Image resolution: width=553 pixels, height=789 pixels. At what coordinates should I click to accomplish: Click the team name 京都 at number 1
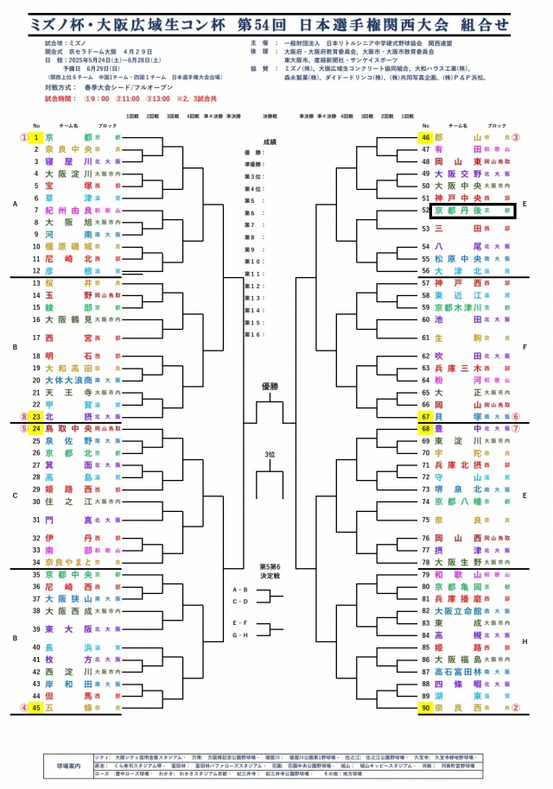[68, 136]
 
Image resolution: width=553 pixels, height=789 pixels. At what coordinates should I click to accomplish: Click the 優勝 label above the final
[271, 387]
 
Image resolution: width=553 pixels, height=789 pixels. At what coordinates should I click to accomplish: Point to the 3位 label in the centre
[271, 454]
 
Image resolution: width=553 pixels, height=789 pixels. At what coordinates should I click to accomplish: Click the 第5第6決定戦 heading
[271, 571]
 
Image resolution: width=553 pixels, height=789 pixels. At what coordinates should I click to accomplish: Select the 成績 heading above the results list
[271, 142]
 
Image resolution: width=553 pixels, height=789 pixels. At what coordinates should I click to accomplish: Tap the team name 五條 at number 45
[68, 708]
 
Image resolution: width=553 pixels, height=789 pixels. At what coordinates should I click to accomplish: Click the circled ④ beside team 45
[24, 708]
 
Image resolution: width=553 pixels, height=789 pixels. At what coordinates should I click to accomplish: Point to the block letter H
[525, 641]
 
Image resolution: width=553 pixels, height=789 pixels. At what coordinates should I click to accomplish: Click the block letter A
[15, 204]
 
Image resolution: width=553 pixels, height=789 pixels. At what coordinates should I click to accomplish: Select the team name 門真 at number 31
[68, 520]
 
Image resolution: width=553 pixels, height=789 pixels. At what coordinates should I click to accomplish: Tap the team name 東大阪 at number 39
[68, 628]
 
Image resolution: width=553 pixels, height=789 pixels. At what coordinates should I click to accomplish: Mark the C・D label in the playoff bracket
[239, 601]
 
